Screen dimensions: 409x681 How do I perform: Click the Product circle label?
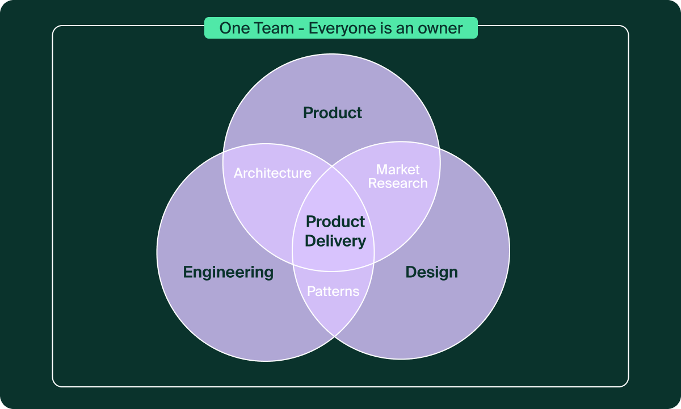tap(333, 113)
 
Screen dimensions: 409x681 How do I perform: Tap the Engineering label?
tap(228, 273)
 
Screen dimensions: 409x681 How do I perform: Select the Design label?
tap(431, 273)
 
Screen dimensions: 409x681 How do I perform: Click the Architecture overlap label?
tap(272, 173)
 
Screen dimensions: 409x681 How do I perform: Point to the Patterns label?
tap(333, 291)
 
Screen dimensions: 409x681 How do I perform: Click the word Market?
tap(398, 169)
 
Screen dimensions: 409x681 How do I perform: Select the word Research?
tap(398, 183)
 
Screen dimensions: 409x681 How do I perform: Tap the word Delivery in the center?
tap(335, 241)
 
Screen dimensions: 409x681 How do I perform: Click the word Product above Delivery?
tap(335, 222)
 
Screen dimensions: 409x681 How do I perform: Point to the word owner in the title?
tap(442, 28)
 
